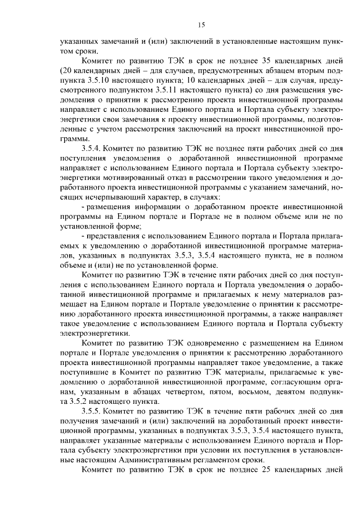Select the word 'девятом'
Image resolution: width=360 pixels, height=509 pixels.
[272, 390]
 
